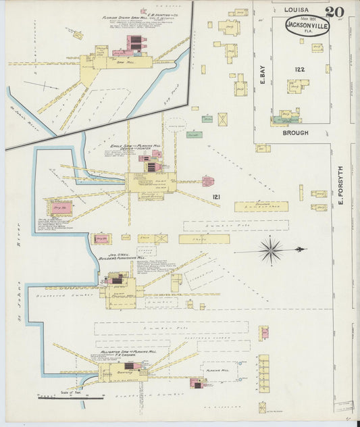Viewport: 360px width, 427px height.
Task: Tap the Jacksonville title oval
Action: tap(306, 26)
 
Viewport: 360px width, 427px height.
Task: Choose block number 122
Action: tap(300, 69)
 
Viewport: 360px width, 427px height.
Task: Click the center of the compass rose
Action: tap(271, 251)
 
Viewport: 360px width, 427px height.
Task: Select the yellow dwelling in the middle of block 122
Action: tap(297, 86)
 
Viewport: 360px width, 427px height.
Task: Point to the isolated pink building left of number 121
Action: tap(208, 181)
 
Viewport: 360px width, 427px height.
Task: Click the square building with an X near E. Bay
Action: tap(222, 119)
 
